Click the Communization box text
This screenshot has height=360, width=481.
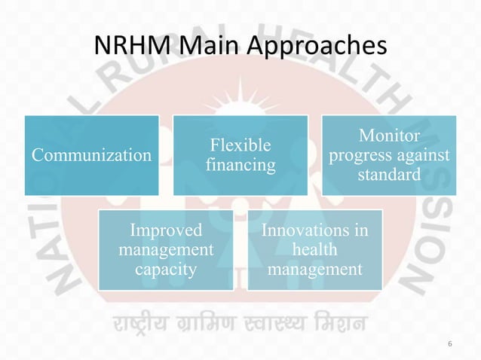90,155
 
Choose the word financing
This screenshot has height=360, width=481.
240,165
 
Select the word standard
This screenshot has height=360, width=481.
390,175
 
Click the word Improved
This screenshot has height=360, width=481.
166,230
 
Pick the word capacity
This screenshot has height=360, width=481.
166,267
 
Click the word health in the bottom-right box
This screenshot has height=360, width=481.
314,249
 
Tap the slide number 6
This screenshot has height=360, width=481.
450,345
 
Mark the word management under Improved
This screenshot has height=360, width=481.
166,249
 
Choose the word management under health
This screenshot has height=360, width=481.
314,267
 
